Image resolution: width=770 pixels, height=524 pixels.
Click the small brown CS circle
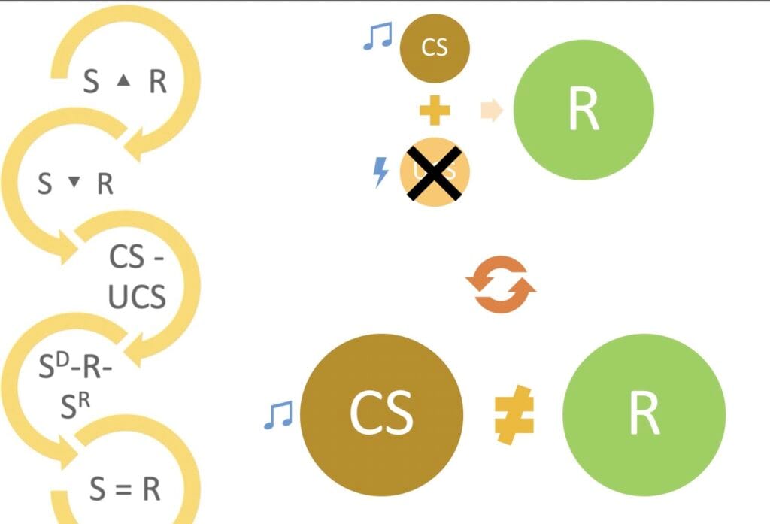point(435,48)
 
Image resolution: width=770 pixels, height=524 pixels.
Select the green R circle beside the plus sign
point(584,110)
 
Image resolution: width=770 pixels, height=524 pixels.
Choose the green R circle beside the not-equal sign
point(644,413)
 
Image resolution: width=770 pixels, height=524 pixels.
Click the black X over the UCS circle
point(433,172)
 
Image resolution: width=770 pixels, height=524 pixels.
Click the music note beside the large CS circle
point(277,414)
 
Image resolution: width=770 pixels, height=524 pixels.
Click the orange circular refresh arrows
point(501,284)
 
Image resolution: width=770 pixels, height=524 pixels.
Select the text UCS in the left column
point(136,298)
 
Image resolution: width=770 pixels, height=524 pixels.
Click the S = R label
point(125,489)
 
